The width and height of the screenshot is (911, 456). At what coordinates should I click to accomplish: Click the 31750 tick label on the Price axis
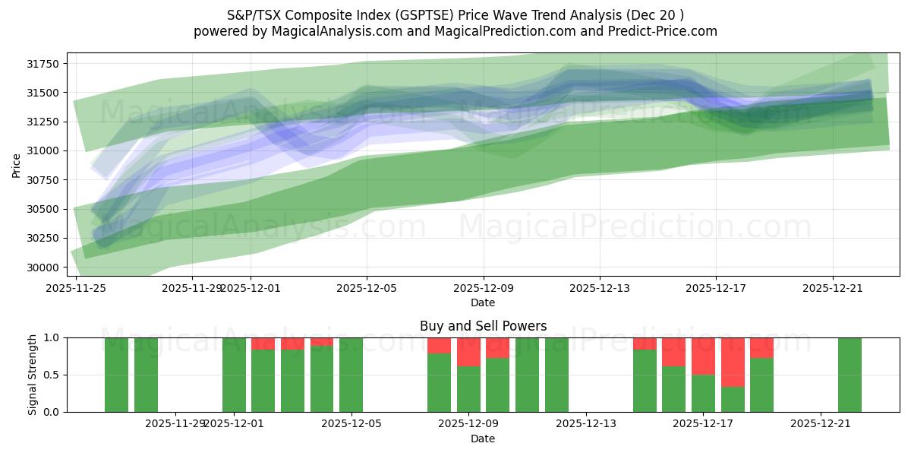coord(48,64)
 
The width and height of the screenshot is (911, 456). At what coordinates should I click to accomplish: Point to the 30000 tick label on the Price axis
coord(48,268)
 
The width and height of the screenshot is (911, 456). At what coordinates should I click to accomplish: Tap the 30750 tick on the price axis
coord(48,180)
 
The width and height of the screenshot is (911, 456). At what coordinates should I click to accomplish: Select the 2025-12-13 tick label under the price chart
coord(600,288)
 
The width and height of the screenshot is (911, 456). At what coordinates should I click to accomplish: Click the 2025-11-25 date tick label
coord(75,288)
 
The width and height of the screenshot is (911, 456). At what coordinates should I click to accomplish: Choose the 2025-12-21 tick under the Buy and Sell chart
coord(821,424)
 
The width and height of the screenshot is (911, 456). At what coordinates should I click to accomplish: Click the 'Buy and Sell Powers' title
coord(483,326)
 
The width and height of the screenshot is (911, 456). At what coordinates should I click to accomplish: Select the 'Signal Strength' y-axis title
coord(32,375)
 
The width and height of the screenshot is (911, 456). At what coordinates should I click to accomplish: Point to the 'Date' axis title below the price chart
coord(483,302)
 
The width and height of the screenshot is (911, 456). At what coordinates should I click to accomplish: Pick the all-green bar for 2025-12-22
coord(850,375)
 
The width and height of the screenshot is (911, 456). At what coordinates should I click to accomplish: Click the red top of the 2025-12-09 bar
coord(468,352)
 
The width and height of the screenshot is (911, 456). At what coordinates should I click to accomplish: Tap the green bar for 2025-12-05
coord(351,375)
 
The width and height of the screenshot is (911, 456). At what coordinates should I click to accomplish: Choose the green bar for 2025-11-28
coord(146,375)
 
